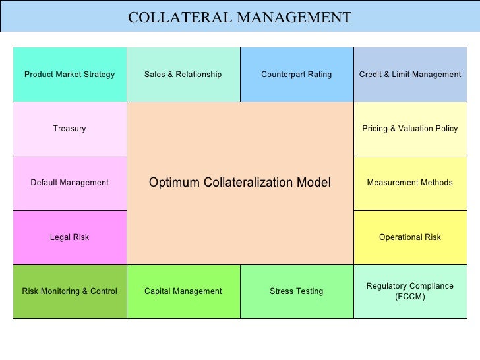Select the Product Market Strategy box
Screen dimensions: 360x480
69,75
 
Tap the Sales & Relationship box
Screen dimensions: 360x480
183,75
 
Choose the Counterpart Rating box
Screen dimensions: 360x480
297,75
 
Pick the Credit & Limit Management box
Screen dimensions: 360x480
410,75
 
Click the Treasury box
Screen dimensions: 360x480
69,129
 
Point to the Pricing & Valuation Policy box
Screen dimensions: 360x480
410,129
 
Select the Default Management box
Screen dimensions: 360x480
69,183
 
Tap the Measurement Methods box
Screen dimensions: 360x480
410,183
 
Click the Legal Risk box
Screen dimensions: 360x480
69,237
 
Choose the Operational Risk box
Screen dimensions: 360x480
410,237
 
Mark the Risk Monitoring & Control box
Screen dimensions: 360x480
69,291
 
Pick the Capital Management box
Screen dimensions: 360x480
183,291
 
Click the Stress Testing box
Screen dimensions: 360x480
297,291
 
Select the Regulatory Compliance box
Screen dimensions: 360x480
410,286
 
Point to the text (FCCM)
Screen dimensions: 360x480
410,297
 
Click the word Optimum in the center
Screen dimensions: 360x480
172,183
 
